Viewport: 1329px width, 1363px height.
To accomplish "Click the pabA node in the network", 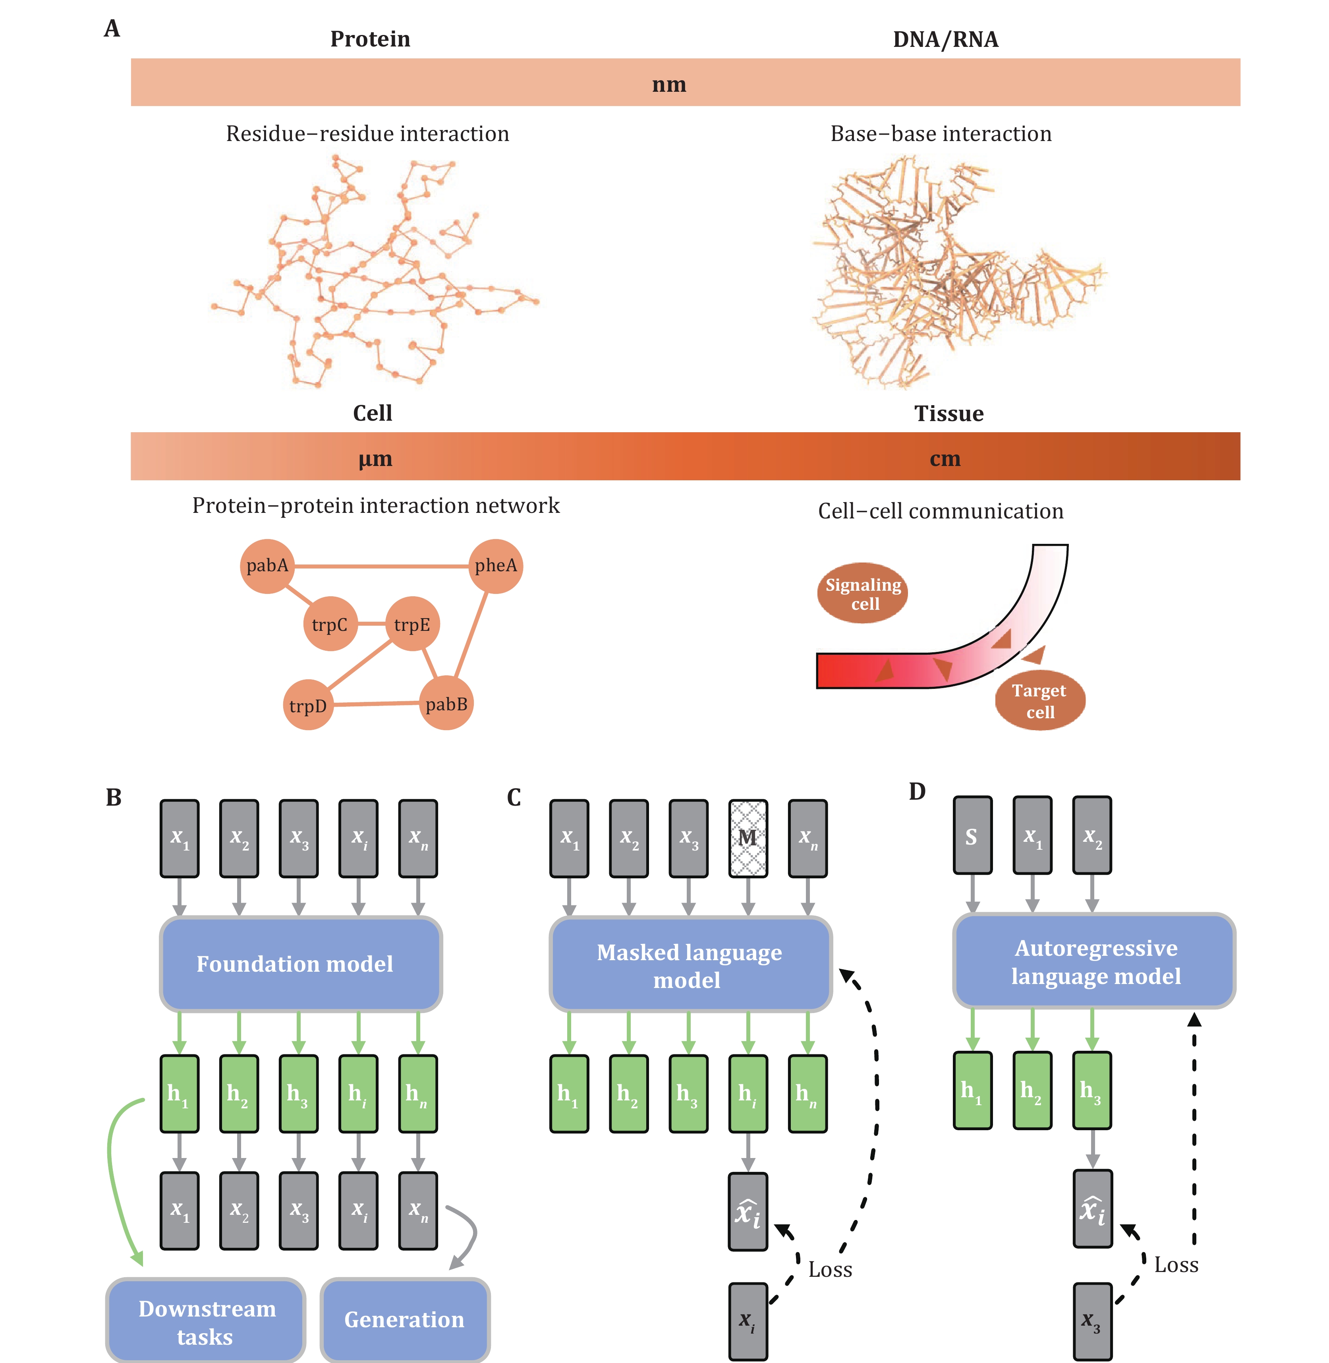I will tap(267, 566).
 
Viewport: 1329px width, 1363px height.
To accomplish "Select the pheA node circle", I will tap(496, 566).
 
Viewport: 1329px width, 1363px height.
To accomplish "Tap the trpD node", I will tap(308, 705).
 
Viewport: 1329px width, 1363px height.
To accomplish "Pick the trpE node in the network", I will tap(412, 624).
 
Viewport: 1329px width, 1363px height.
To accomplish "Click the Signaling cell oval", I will tap(863, 594).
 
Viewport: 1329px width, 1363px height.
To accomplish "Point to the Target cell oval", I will tap(1040, 700).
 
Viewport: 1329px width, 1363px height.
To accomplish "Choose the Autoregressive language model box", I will tap(1095, 961).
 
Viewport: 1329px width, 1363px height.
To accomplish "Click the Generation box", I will tap(405, 1320).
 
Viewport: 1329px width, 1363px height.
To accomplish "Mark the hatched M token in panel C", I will tap(748, 838).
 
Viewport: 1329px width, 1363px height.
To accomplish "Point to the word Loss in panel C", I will tap(830, 1269).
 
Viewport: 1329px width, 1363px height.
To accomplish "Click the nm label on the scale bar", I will tap(669, 85).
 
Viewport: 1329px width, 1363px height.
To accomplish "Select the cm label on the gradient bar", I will tap(945, 459).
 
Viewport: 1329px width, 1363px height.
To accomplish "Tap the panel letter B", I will tap(114, 797).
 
